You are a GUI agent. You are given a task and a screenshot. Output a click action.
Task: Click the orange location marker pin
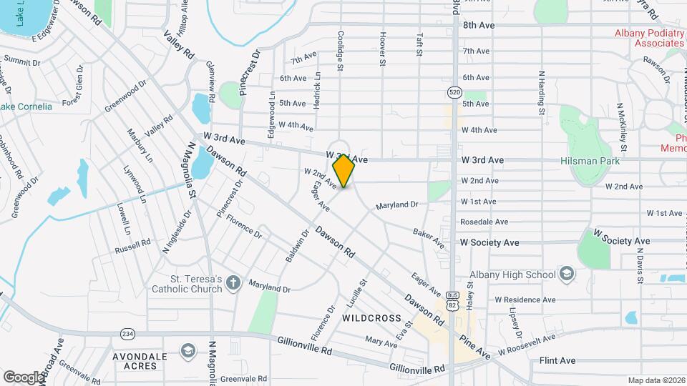(344, 171)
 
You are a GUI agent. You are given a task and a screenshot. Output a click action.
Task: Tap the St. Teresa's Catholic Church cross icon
(233, 284)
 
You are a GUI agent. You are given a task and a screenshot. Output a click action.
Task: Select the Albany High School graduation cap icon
(567, 274)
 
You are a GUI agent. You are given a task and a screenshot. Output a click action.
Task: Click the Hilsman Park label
(590, 162)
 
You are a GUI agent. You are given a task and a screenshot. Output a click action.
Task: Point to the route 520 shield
(454, 91)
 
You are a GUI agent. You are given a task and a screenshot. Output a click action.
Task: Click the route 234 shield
(127, 333)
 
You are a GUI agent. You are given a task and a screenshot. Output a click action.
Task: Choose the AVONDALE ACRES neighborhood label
(140, 361)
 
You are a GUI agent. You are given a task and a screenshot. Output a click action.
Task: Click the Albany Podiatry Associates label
(649, 38)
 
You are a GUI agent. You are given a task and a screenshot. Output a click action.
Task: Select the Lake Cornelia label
(26, 107)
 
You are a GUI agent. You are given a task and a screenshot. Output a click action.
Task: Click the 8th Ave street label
(479, 25)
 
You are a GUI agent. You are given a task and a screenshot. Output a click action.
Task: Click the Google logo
(22, 377)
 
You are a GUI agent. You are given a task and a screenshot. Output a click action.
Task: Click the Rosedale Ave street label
(484, 222)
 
